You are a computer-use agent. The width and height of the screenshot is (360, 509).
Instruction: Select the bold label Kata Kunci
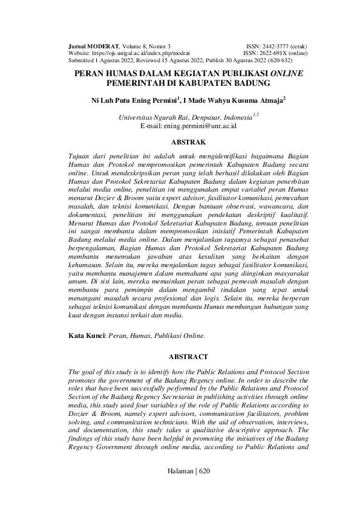(x=87, y=334)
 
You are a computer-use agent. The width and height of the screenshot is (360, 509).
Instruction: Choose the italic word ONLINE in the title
(x=287, y=73)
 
